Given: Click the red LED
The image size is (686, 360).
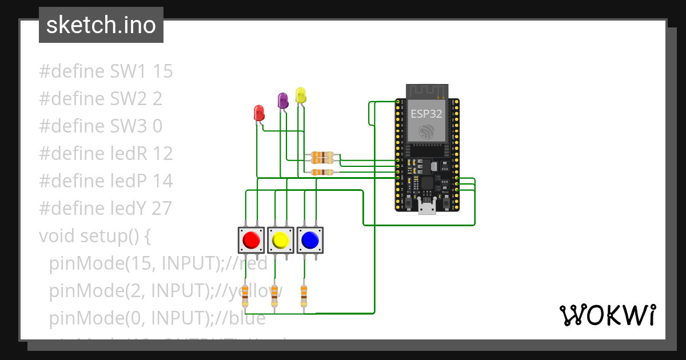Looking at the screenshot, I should point(259,112).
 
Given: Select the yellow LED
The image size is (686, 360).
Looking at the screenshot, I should point(301,95).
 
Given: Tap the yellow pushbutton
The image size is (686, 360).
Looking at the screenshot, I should point(280,240).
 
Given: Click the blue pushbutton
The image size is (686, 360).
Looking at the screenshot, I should point(310,240).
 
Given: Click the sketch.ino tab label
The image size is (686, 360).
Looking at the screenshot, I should point(101,25).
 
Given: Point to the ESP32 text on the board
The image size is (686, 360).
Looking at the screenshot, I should point(426,113).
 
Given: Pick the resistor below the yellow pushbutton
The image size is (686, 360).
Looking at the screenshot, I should point(274,294).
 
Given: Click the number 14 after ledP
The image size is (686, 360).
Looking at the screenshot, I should point(163,181).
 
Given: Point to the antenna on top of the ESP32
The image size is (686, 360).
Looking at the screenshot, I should point(426,91).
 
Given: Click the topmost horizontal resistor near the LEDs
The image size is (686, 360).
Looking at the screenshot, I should point(322,155).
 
